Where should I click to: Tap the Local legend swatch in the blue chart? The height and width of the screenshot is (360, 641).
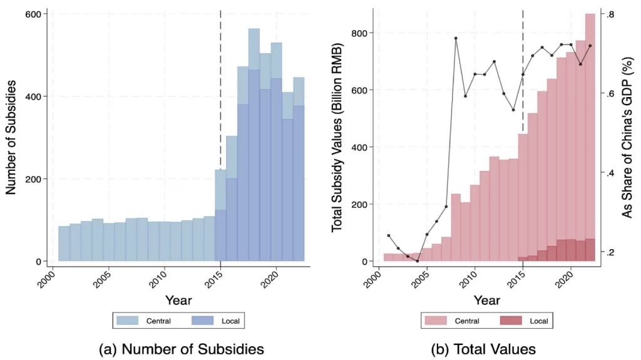tap(203, 321)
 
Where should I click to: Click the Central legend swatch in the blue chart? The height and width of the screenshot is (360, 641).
tap(130, 321)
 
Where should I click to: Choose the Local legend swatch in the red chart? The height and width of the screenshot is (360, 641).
tap(511, 321)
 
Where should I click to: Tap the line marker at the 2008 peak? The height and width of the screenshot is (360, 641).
tap(456, 38)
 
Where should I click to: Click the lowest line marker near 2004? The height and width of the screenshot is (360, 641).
tap(417, 260)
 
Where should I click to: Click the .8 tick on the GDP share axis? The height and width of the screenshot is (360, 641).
tap(610, 14)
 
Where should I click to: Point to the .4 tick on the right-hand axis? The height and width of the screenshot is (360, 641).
tap(610, 173)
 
